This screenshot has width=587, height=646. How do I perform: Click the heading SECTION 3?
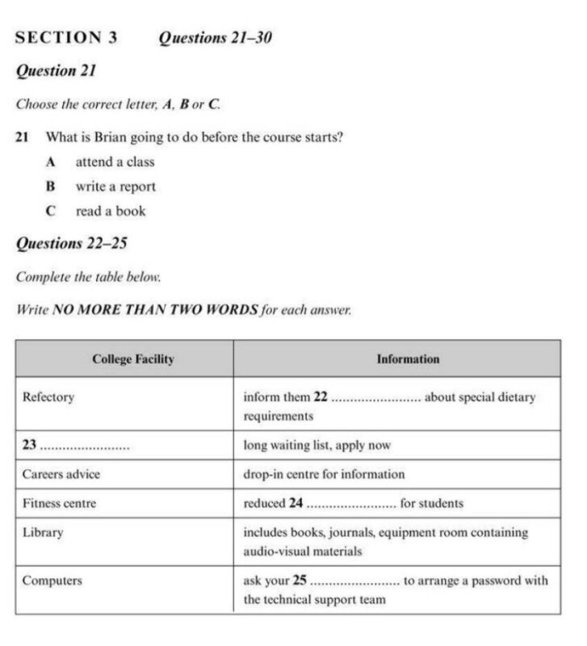(66, 37)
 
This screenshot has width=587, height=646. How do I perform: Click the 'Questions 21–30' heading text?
(215, 37)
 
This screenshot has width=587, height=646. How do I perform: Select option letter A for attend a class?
(51, 161)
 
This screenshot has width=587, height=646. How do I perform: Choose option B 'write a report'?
(115, 187)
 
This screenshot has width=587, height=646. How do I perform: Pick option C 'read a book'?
(111, 212)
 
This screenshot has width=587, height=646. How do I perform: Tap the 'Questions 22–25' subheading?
(72, 243)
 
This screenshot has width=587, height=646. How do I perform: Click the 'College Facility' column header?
(132, 359)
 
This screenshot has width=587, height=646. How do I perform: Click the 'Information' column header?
(408, 359)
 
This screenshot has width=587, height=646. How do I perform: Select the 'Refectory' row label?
(48, 397)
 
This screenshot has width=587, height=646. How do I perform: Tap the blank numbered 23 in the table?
(85, 446)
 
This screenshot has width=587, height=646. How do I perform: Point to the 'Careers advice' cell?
(61, 474)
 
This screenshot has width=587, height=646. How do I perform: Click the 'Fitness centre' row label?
(59, 503)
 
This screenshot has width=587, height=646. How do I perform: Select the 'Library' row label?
(43, 533)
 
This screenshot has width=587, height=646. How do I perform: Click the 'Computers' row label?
(52, 580)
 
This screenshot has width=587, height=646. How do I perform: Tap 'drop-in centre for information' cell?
(324, 474)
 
